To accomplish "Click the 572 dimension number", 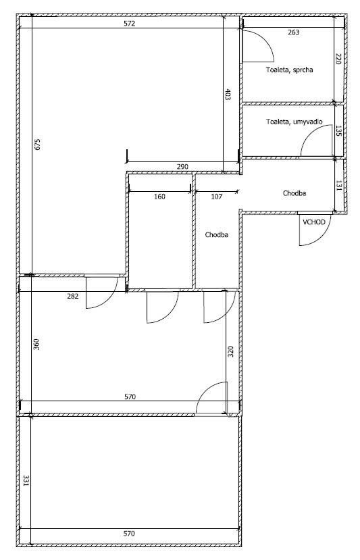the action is pos(129,24).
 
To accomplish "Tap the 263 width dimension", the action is pos(293,32).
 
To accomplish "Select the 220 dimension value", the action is pos(338,59).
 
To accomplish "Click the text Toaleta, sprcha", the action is pos(289,70).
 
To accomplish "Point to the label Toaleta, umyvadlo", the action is pos(294,122).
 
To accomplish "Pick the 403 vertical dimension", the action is pos(228,95).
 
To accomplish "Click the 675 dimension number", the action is pos(38,144).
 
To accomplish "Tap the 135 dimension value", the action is pos(338,130).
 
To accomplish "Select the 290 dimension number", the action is pos(182,166).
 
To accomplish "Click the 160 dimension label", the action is pos(159,197).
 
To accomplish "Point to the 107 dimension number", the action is pos(216,197).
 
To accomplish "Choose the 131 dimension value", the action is pos(339,185).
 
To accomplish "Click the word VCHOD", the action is pos(314,222).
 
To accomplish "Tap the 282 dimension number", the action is pos(72,296).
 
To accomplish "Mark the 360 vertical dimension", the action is pos(36,344).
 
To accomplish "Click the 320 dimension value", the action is pos(230,352).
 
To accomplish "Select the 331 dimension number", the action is pos(26,480).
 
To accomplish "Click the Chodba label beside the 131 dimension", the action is pos(294,193).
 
